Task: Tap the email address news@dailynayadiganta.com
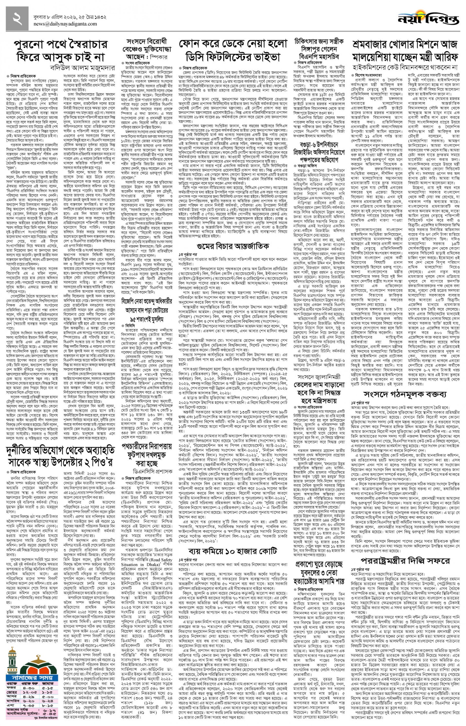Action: pos(65,24)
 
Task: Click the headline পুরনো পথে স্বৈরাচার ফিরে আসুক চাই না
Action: pos(61,50)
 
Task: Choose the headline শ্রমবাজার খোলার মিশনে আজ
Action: pos(405,45)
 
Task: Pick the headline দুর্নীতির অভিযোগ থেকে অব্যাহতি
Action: pos(61,450)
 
